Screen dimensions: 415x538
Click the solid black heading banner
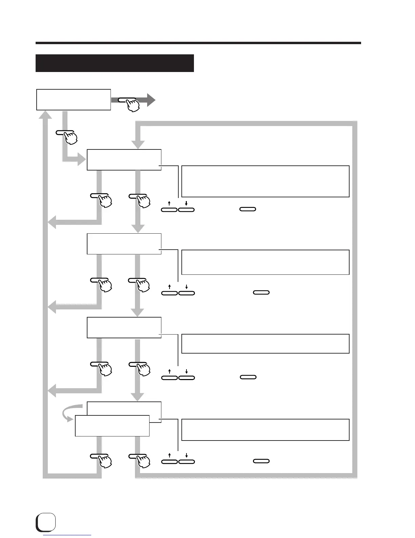115,63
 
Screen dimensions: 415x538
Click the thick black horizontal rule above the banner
198,43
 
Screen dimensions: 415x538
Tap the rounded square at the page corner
46,523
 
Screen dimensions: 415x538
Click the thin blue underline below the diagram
67,535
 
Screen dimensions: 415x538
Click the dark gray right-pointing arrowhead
151,100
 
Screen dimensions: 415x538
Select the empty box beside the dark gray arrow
74,100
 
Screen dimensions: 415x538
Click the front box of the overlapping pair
112,426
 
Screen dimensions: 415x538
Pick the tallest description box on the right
265,181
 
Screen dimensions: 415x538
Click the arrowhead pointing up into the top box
45,115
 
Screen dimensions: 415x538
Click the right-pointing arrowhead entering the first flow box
82,159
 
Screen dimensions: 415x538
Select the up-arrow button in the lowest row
169,461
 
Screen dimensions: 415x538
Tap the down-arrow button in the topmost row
186,210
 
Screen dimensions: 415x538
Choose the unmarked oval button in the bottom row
261,461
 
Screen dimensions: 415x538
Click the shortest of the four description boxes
265,344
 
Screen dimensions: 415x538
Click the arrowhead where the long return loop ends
138,144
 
